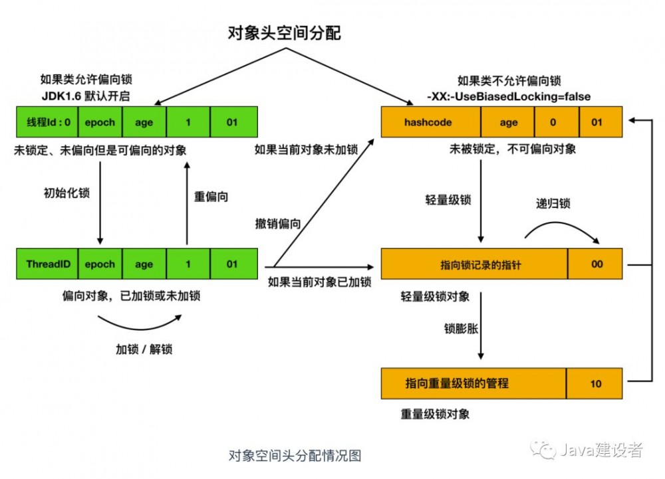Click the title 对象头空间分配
284,33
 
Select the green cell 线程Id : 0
47,122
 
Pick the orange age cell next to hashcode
508,122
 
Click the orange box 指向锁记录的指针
473,264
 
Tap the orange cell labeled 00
596,264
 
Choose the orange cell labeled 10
596,383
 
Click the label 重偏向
211,197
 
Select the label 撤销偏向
277,224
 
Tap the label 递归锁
553,203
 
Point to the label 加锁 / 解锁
144,349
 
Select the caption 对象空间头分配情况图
295,456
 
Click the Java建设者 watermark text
600,450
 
